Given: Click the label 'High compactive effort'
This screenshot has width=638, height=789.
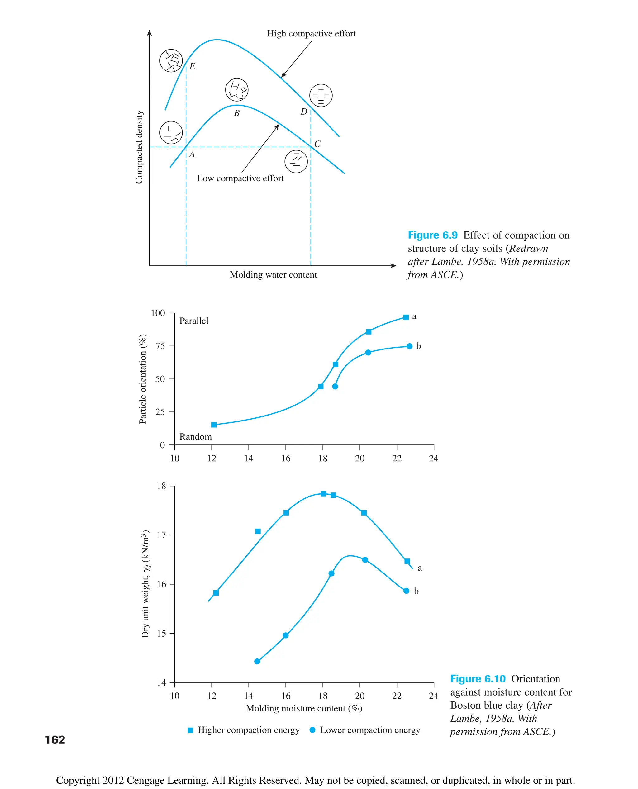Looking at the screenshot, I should (x=311, y=33).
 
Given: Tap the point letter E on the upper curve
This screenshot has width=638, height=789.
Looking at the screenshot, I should (x=192, y=67).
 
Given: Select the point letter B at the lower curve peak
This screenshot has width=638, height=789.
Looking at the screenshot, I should (x=237, y=113).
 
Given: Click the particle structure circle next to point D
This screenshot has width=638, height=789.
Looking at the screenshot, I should (x=321, y=96).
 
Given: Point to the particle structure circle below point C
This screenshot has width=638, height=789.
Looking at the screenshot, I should (x=296, y=161).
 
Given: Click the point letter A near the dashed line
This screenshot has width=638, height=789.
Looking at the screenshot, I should (x=192, y=155).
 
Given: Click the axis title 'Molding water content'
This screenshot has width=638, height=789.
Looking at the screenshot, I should (x=273, y=275).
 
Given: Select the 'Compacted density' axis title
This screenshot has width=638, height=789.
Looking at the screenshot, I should (x=139, y=147).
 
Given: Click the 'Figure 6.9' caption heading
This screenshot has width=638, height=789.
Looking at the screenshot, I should (x=433, y=235).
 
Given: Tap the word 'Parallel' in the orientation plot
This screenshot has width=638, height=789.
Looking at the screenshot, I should (x=194, y=321).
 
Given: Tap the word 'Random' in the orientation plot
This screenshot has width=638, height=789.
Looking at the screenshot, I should (x=196, y=437).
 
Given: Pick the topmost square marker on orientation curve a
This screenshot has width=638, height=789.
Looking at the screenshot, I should (x=406, y=317).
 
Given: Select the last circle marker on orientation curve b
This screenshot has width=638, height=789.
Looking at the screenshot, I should (x=409, y=346).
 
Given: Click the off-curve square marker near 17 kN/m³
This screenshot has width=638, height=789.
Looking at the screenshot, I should (x=258, y=531).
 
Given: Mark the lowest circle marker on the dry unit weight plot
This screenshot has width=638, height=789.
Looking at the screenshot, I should (x=257, y=662).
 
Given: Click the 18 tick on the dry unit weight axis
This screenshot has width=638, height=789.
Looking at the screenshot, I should (x=161, y=486).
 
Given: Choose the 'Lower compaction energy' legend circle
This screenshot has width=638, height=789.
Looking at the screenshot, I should (x=312, y=730).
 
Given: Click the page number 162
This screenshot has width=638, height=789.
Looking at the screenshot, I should (x=55, y=739).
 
